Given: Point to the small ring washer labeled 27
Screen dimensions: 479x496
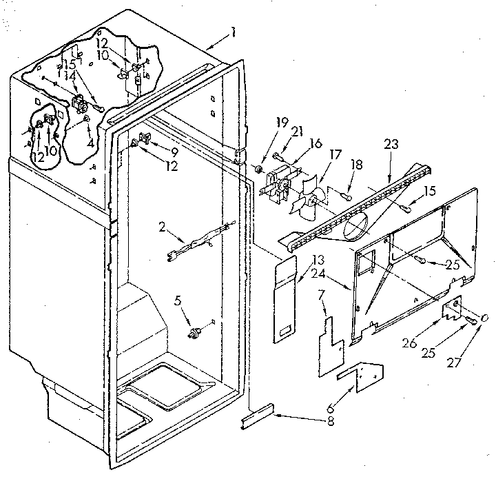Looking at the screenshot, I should coord(485,318).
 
